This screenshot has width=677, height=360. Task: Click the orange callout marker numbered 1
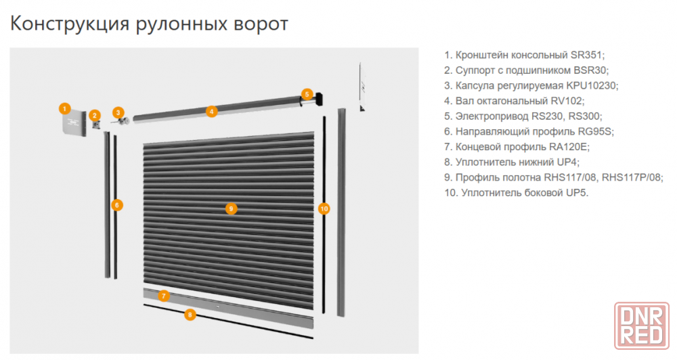(65, 108)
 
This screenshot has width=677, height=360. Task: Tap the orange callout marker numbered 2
(95, 115)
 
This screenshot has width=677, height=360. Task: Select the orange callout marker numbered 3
(118, 113)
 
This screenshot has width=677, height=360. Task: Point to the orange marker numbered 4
(211, 112)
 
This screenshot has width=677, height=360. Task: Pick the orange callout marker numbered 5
(307, 94)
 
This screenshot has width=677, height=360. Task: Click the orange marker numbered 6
(117, 204)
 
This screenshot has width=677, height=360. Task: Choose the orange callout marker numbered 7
(163, 296)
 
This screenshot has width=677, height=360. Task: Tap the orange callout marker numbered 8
(190, 315)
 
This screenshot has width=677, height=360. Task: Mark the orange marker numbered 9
(231, 209)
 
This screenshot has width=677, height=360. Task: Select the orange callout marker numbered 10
(324, 209)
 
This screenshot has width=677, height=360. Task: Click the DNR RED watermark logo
(642, 326)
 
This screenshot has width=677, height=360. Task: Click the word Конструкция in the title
(70, 24)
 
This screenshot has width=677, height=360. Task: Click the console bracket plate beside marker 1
(73, 122)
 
